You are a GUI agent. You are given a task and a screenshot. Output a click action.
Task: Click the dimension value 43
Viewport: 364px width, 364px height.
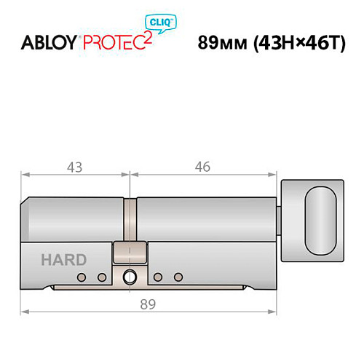point(74,167)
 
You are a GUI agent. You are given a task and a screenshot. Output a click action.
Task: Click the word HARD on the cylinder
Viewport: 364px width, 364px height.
point(63,260)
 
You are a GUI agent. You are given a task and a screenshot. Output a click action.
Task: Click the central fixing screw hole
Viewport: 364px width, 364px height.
point(130,277)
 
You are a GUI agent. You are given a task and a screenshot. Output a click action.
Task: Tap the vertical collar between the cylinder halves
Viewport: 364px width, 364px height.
point(130,218)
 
